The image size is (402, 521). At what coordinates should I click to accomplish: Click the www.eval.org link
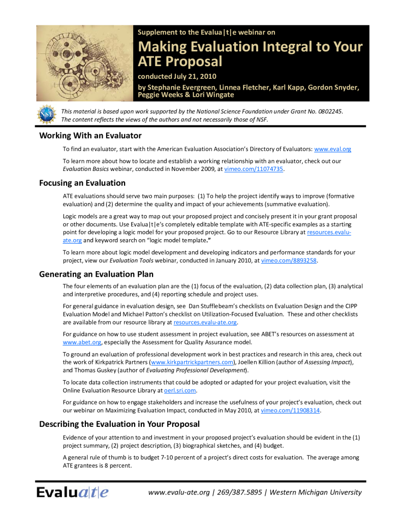pos(332,149)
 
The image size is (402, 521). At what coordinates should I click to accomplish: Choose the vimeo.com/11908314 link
pos(290,411)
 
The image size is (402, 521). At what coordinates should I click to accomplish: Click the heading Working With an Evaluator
pos(90,135)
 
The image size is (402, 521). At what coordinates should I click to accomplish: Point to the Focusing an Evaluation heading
pos(82,183)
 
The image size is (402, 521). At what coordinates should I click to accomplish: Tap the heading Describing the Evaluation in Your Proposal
pos(119,424)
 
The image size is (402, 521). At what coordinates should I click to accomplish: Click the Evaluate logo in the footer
pos(72,492)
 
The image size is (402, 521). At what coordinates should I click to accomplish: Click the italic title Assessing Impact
pos(327,362)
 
